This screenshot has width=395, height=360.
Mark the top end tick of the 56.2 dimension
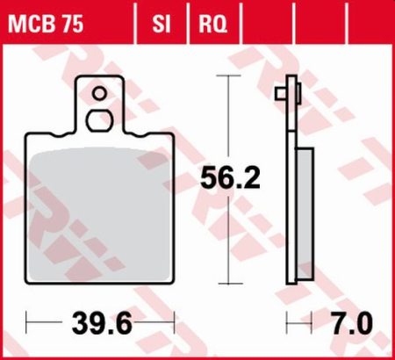click(229, 76)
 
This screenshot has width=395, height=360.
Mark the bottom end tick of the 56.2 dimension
click(229, 283)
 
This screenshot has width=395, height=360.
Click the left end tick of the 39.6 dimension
click(26, 326)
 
